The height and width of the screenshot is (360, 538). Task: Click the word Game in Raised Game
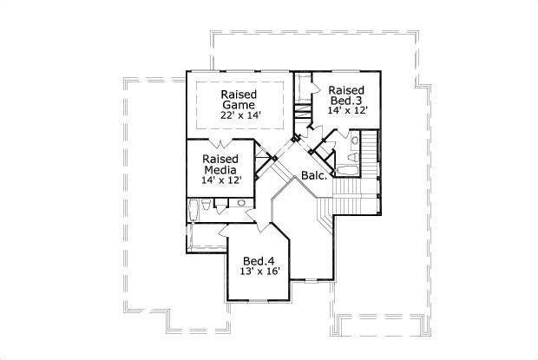tap(238, 105)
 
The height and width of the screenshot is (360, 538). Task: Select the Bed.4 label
tap(259, 260)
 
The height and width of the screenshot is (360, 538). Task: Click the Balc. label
tap(314, 176)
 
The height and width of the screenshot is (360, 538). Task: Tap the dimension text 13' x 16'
tap(259, 272)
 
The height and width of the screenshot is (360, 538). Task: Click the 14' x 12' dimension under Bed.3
tap(348, 111)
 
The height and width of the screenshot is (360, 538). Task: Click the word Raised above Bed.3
tap(346, 90)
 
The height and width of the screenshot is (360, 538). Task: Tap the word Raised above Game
tap(238, 94)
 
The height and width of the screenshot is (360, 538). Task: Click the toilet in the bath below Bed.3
tap(355, 139)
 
